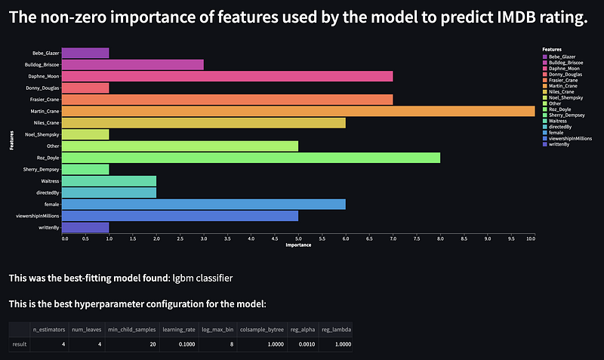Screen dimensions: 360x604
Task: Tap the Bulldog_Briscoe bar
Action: (x=132, y=65)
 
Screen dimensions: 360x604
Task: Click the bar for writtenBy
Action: (x=85, y=227)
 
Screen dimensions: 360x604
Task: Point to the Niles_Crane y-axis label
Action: (x=45, y=123)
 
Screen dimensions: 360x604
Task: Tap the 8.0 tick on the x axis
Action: (x=440, y=238)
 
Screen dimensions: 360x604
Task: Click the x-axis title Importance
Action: (x=297, y=246)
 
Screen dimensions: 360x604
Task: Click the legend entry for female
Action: (x=557, y=131)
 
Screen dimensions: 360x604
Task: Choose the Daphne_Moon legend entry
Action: (x=563, y=69)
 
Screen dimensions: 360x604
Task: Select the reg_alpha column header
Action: (x=300, y=330)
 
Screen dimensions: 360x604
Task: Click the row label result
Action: (x=19, y=343)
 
